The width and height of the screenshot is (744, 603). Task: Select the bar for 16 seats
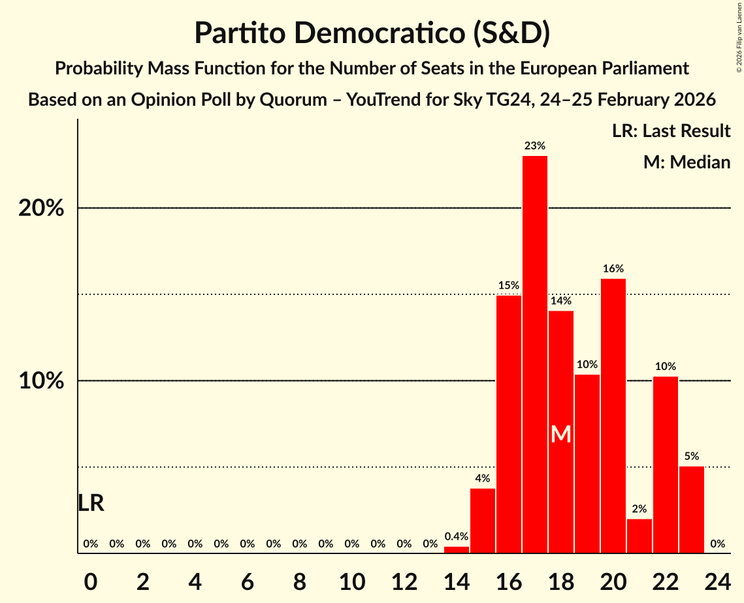click(x=508, y=424)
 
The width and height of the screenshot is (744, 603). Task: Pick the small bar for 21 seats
click(x=639, y=536)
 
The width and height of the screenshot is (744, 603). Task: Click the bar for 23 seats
click(x=691, y=510)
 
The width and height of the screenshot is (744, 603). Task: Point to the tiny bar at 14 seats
click(x=456, y=549)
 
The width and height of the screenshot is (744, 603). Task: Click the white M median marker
click(x=560, y=435)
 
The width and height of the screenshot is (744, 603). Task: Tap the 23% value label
click(x=534, y=146)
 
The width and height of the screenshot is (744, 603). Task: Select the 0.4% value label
click(x=456, y=536)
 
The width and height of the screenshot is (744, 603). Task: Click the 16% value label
click(x=613, y=268)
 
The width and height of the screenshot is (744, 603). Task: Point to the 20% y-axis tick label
click(x=41, y=209)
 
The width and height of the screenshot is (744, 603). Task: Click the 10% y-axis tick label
click(x=41, y=381)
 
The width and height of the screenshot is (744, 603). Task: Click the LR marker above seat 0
click(x=90, y=503)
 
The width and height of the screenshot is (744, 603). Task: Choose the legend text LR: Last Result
click(x=671, y=131)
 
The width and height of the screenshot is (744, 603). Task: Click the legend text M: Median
click(x=686, y=162)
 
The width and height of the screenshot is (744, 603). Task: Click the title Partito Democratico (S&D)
click(x=372, y=33)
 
